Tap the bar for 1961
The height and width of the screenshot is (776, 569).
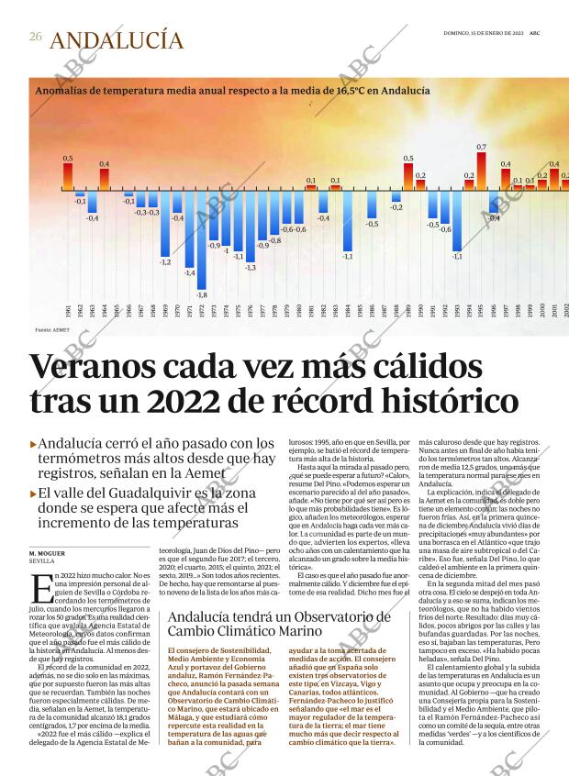[68, 178]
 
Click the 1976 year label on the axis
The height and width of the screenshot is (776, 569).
[251, 311]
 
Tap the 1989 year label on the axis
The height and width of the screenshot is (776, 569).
[408, 311]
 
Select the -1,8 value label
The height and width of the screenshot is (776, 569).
[202, 294]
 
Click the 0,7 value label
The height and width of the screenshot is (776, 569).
[481, 147]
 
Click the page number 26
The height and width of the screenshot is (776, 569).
[35, 37]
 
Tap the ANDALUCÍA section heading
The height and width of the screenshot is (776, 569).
[116, 40]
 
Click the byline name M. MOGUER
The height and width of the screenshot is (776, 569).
[46, 553]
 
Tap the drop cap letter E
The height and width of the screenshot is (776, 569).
[40, 588]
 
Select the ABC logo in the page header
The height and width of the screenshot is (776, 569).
[546, 32]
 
